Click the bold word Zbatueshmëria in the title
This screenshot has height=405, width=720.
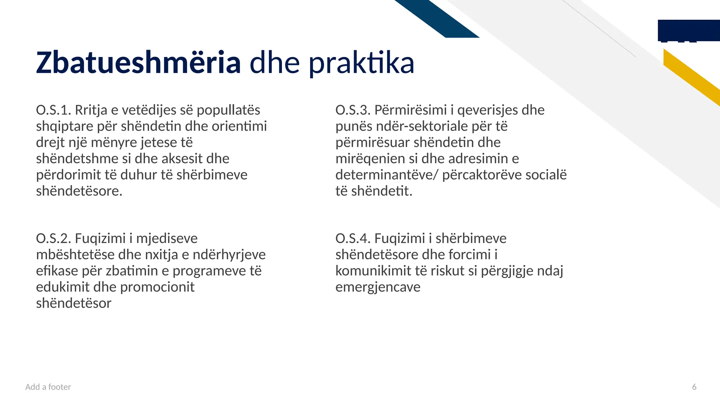coord(138,63)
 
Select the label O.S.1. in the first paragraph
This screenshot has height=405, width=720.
coord(53,110)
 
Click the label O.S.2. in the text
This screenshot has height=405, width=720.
coord(53,238)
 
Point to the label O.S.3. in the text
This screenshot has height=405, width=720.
coord(353,110)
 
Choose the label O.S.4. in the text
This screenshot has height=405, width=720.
coord(353,238)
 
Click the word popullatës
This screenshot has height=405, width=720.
coord(228,110)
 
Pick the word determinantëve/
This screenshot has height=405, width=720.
coord(387,175)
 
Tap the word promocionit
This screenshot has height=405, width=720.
coord(157,287)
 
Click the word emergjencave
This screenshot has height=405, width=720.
coord(378,287)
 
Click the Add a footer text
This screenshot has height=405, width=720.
coord(48,387)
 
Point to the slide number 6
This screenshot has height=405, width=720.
coord(694,387)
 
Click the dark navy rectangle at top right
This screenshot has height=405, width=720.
coord(688,30)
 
